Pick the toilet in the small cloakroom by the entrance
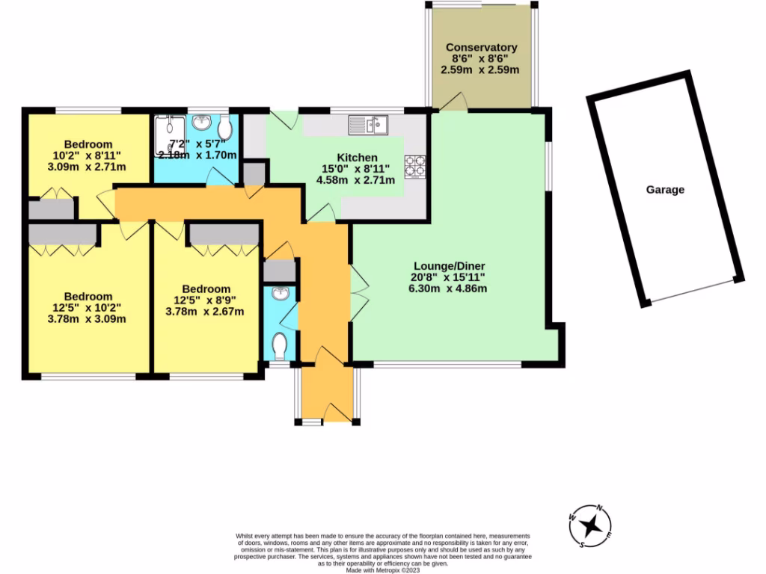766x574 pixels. pyautogui.click(x=281, y=345)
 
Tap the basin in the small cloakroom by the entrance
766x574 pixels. pyautogui.click(x=281, y=294)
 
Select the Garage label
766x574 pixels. pyautogui.click(x=665, y=190)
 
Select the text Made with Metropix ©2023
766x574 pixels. pyautogui.click(x=382, y=570)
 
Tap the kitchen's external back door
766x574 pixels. pyautogui.click(x=284, y=118)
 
